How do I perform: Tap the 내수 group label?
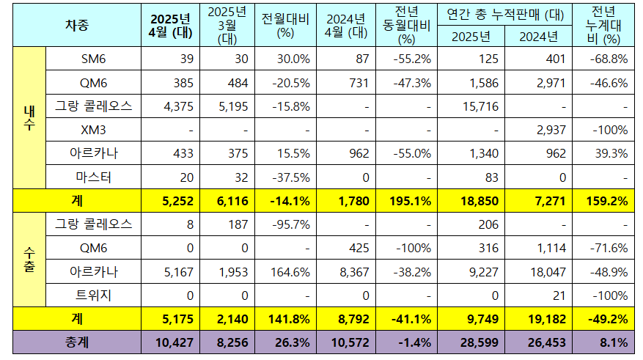point(29,118)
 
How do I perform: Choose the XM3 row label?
point(92,130)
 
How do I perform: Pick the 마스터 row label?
point(92,177)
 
